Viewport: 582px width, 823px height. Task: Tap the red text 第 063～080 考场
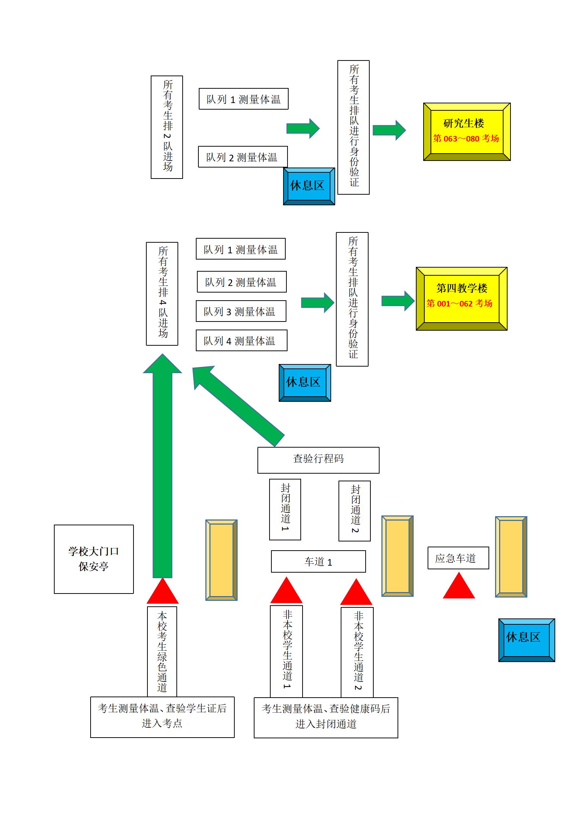point(466,139)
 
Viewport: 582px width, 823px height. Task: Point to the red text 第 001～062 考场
point(459,304)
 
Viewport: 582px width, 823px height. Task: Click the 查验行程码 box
point(318,460)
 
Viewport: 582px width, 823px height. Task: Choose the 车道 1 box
point(318,561)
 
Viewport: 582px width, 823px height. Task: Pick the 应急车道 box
point(458,558)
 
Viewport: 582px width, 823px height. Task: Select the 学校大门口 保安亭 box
point(94,559)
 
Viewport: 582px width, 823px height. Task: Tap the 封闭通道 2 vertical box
point(354,511)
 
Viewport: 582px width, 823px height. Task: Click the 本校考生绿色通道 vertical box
point(162,651)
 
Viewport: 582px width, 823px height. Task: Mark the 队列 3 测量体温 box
point(241,311)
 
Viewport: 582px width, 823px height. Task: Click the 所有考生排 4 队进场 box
point(162,294)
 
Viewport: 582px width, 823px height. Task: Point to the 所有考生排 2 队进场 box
point(167,127)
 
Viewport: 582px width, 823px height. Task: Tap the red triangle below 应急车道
point(459,588)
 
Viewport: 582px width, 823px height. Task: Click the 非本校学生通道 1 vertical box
point(286,651)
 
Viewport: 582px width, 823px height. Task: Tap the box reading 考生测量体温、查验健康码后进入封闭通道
point(326,717)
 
